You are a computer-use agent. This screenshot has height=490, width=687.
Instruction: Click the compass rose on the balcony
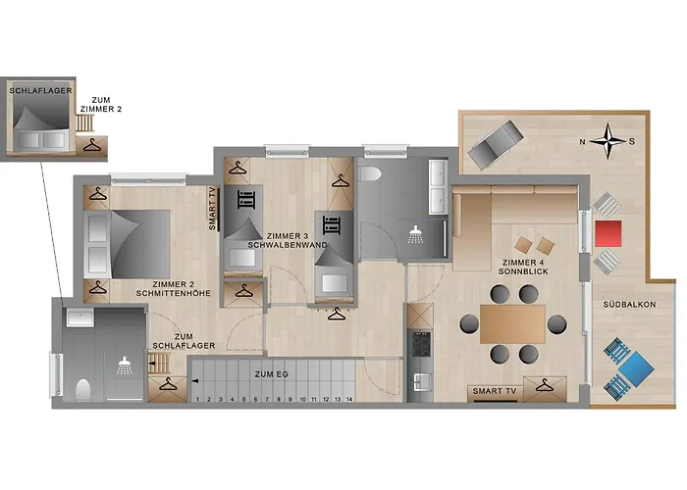pyautogui.click(x=610, y=140)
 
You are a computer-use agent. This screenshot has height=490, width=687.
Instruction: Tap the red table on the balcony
pyautogui.click(x=608, y=233)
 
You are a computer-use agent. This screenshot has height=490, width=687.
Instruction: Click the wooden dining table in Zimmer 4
pyautogui.click(x=512, y=322)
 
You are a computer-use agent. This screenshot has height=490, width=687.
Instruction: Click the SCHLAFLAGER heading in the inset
pyautogui.click(x=36, y=90)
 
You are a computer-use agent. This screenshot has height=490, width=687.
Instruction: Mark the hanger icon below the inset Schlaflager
pyautogui.click(x=92, y=147)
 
